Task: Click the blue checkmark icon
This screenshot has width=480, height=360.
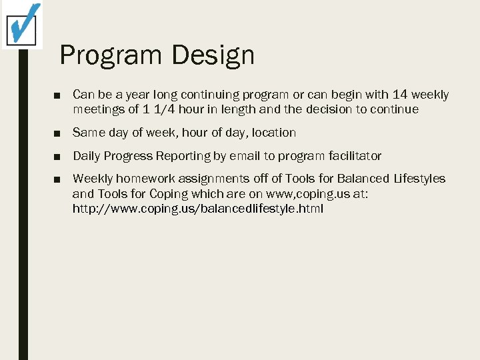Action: click(x=23, y=23)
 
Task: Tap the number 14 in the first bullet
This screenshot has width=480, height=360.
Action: click(x=400, y=95)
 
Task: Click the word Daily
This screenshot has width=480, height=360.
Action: click(x=87, y=156)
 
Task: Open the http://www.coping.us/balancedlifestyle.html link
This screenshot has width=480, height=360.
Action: click(x=198, y=209)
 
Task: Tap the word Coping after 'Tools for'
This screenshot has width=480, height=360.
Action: click(x=171, y=194)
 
